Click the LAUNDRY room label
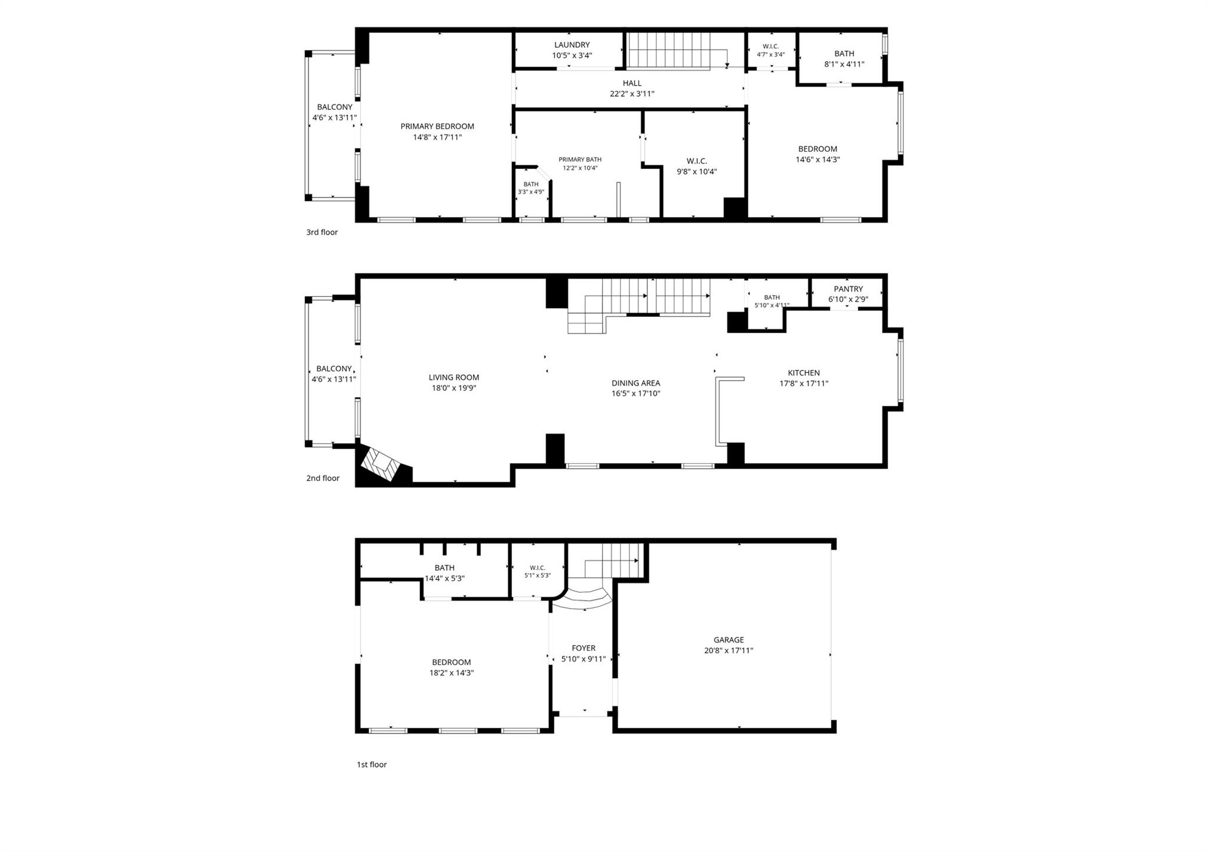pos(572,45)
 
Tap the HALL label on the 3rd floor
pos(632,83)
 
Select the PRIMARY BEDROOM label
pos(437,126)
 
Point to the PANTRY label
pos(848,289)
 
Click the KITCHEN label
pos(804,373)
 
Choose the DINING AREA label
pos(636,383)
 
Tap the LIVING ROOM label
pos(454,378)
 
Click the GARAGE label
pos(728,640)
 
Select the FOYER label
pos(583,648)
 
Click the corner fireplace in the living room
pos(382,464)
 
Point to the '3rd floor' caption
pos(322,233)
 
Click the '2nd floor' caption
pos(323,478)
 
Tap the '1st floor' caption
pos(372,764)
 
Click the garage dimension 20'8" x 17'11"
pos(728,650)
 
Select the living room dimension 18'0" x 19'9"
pos(454,388)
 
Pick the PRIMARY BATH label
pos(580,159)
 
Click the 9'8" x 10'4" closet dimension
pos(697,172)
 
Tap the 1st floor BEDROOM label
pos(451,662)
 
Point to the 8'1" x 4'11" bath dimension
pos(844,64)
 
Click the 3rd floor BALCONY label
pos(334,107)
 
